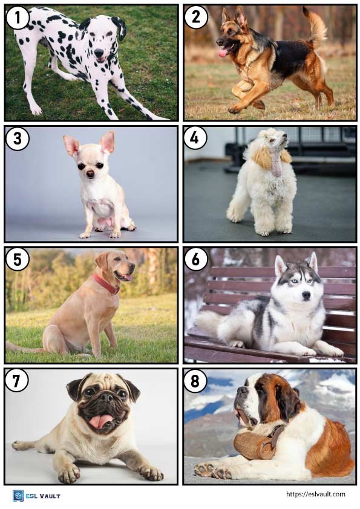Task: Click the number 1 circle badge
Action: (17, 18)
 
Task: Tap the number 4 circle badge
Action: (195, 138)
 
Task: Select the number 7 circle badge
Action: (17, 380)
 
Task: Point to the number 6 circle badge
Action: (195, 259)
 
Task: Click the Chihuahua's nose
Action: (90, 173)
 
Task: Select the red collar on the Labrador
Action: (106, 283)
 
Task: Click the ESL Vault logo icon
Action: (18, 496)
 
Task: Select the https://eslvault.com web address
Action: (315, 494)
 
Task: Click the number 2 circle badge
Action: (195, 18)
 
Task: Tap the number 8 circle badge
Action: (195, 380)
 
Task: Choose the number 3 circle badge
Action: (17, 138)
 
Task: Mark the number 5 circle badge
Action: (17, 259)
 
